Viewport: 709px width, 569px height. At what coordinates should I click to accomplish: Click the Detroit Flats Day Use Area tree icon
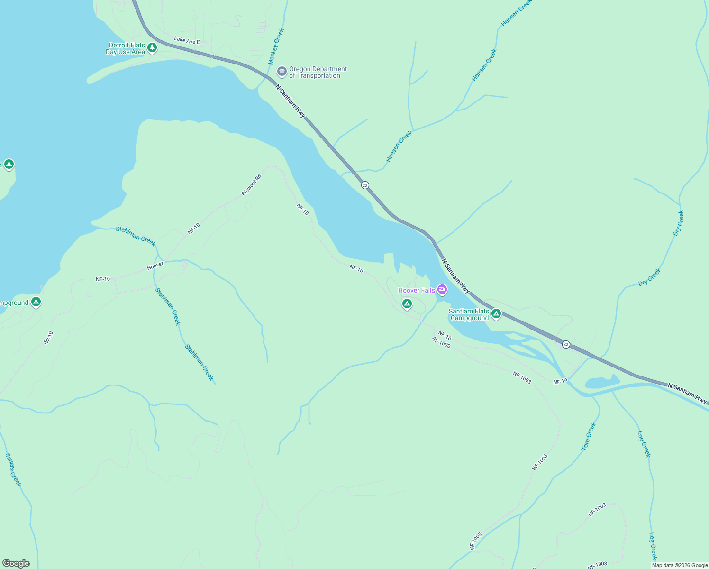(152, 47)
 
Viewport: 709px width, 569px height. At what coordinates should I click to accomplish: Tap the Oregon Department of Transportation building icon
(282, 72)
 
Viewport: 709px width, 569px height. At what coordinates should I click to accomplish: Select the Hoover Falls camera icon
(442, 289)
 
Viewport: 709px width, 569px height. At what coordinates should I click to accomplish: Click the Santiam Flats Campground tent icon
(496, 313)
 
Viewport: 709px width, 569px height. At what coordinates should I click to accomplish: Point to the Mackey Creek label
(276, 46)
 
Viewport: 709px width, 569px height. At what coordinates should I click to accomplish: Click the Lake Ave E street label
(187, 41)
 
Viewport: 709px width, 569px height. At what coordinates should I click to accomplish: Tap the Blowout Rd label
(252, 185)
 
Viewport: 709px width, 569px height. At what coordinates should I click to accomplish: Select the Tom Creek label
(589, 436)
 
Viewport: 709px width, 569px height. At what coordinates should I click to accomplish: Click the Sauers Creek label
(13, 469)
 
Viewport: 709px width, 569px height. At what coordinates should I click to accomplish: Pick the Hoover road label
(155, 266)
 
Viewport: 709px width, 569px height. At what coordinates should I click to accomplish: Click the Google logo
(16, 563)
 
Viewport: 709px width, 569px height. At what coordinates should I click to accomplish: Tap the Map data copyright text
(680, 565)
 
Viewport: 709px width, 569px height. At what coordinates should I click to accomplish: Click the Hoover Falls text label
(416, 290)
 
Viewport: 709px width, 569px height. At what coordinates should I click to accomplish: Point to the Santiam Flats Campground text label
(469, 314)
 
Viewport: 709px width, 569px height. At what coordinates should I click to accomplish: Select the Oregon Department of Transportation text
(318, 72)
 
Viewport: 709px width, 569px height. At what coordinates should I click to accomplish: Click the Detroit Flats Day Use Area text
(126, 48)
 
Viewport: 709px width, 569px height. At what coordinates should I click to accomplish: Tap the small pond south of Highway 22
(602, 382)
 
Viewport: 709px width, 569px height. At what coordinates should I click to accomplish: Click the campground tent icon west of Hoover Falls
(407, 303)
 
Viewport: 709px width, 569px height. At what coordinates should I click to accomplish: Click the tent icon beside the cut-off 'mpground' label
(36, 302)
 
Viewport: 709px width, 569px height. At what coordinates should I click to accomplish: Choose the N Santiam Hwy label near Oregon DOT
(291, 101)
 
